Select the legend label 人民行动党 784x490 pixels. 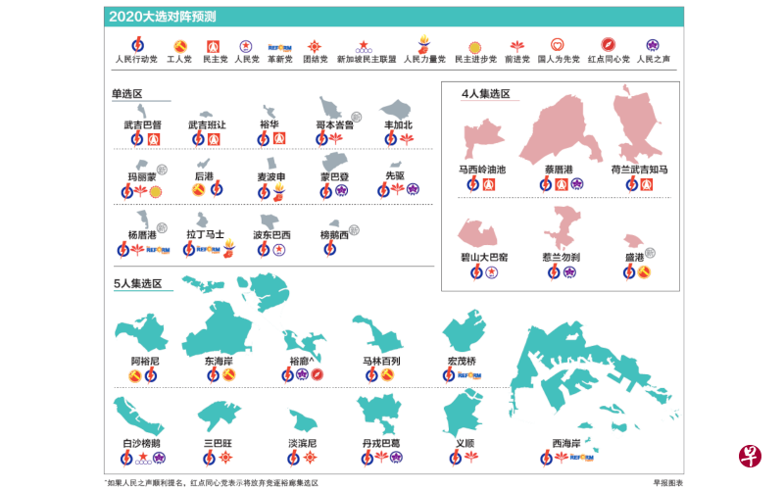point(135,59)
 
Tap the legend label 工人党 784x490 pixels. point(179,59)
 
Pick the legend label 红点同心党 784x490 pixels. point(608,59)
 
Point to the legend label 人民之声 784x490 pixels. point(652,59)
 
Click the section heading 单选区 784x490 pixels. point(127,94)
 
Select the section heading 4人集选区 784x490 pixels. point(485,94)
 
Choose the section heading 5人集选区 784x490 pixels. point(137,283)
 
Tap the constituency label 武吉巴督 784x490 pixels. point(143,125)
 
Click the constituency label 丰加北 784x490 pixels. point(398,125)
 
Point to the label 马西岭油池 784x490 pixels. point(482,170)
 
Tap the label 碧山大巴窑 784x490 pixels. point(484,257)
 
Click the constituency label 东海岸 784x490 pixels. point(219,361)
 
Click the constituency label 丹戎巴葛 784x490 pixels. point(381,443)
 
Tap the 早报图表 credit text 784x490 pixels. point(667,482)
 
